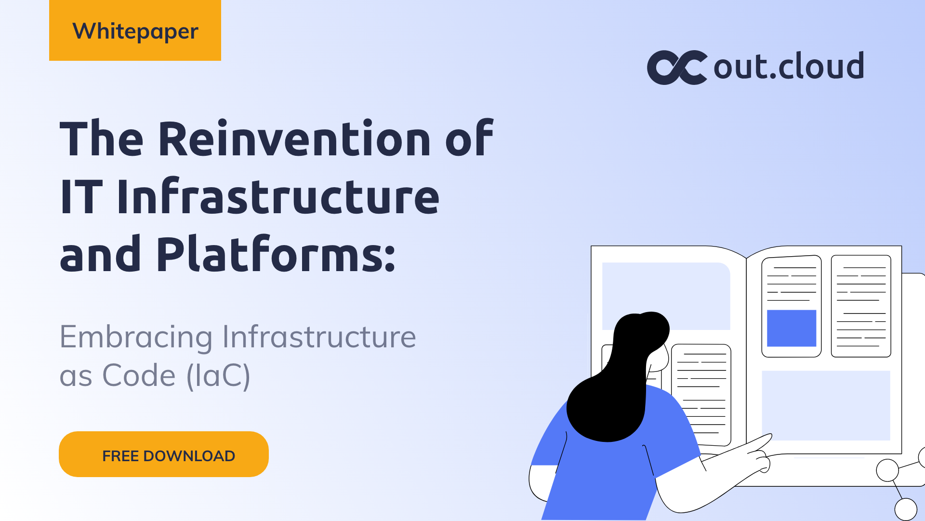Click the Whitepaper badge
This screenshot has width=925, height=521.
(x=135, y=30)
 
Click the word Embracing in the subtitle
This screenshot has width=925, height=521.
(x=136, y=337)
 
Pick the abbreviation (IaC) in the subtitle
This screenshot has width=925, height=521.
(x=218, y=376)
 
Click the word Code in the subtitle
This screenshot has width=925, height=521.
(x=139, y=376)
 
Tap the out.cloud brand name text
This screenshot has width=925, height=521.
(x=789, y=67)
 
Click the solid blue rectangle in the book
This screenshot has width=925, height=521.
(x=791, y=328)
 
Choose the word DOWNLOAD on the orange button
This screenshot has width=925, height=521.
(x=189, y=456)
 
